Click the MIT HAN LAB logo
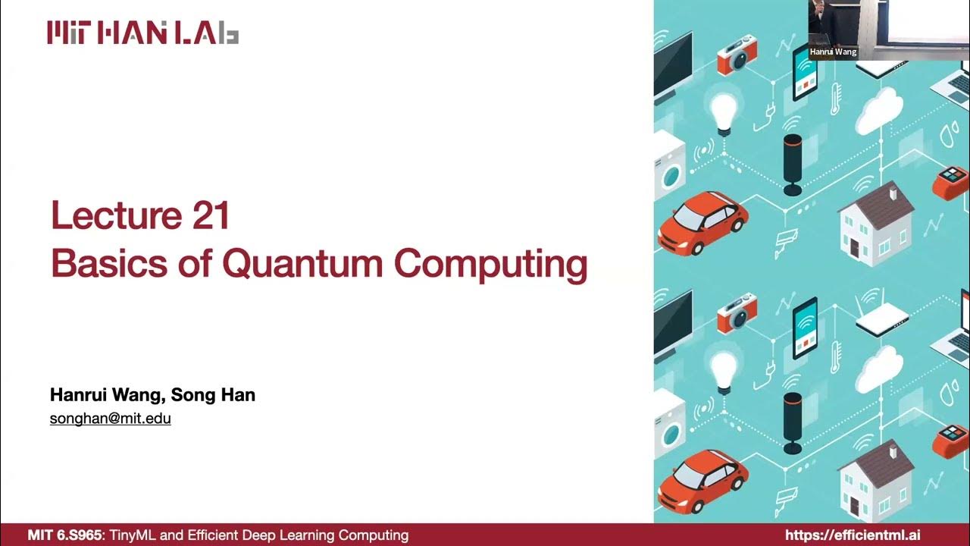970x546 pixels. click(x=143, y=33)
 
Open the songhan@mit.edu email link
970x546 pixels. click(x=111, y=418)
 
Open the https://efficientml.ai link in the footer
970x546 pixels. click(x=853, y=535)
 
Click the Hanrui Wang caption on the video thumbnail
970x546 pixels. click(x=833, y=52)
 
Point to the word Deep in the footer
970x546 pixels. click(x=277, y=535)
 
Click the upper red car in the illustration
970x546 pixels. click(x=702, y=221)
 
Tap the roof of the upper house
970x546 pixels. click(x=876, y=199)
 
